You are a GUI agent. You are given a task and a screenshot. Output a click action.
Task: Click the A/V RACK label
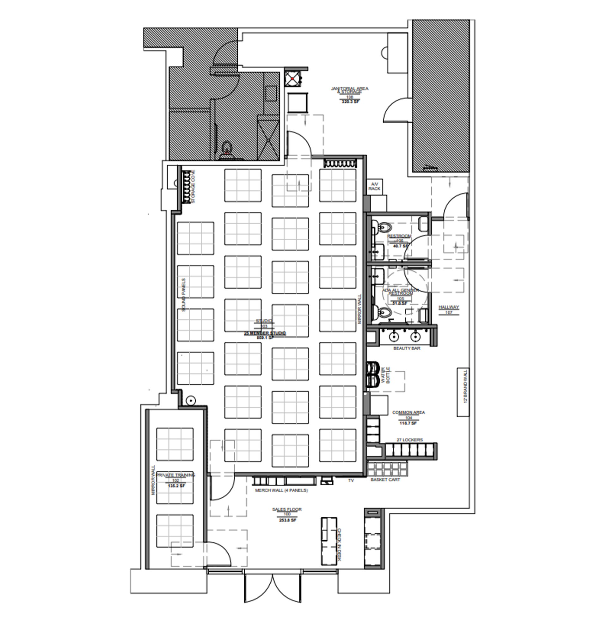[374, 187]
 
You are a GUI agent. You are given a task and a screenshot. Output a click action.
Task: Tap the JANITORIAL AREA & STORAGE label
[350, 90]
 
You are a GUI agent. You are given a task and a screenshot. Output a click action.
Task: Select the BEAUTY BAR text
[407, 348]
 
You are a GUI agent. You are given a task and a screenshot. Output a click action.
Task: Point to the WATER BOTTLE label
[385, 375]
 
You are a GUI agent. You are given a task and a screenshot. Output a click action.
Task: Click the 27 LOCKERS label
[410, 440]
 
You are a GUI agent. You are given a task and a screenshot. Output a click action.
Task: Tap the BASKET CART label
[385, 479]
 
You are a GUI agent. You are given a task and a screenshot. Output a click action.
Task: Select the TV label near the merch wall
[351, 480]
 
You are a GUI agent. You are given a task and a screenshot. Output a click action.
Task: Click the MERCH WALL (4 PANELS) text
[281, 490]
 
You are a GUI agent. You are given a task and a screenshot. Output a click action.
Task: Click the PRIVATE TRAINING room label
[176, 475]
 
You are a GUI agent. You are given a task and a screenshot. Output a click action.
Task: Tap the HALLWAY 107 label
[449, 307]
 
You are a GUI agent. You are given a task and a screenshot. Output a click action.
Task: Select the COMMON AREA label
[408, 413]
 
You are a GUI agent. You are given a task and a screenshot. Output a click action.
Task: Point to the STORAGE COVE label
[193, 187]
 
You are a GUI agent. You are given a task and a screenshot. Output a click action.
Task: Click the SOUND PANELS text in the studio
[184, 295]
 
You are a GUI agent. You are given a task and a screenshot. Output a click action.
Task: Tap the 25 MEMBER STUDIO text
[265, 333]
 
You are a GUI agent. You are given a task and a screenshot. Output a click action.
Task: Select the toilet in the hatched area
[227, 148]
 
